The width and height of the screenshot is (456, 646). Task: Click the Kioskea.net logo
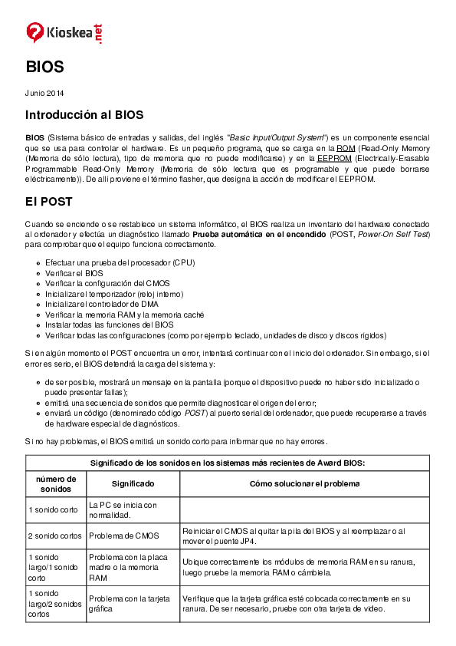(64, 32)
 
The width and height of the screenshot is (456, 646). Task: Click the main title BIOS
(44, 67)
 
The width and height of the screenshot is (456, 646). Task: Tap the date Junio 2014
(44, 94)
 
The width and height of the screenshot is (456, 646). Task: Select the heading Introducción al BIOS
(84, 115)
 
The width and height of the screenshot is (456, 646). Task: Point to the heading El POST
(48, 202)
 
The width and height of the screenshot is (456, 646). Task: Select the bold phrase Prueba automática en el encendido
(259, 233)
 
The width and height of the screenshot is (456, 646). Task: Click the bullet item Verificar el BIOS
(74, 273)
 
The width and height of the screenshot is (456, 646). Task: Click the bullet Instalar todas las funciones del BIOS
(109, 325)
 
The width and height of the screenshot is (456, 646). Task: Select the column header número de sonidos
(55, 483)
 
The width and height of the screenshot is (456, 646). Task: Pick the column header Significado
(133, 484)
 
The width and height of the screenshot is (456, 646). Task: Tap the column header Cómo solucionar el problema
(304, 484)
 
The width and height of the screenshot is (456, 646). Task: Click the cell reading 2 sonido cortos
(55, 536)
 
